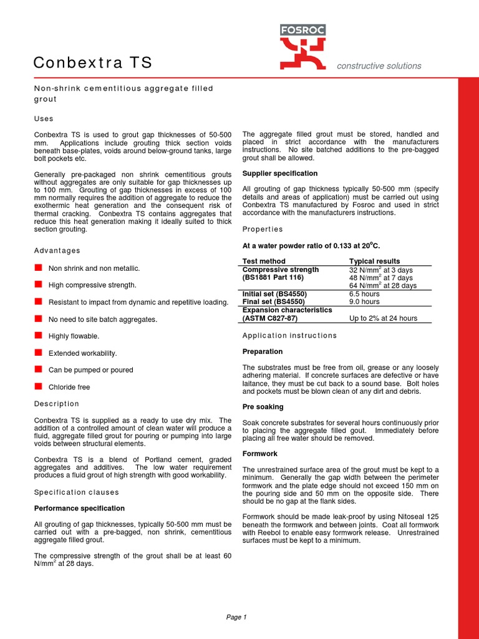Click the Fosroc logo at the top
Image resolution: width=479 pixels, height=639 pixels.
coord(302,46)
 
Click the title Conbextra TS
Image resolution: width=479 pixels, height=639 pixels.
coord(92,63)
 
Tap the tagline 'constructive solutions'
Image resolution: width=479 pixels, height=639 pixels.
coord(379,66)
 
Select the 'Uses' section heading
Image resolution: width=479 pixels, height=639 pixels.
coord(44,119)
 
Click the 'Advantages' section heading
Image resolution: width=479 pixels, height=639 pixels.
coord(57,250)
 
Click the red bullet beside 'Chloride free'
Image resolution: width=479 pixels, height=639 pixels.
coord(37,386)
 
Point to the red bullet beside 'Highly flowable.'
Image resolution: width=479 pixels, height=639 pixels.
coord(37,336)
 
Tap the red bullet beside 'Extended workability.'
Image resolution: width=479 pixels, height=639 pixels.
coord(37,353)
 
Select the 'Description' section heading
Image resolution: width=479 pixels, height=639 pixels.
coord(57,404)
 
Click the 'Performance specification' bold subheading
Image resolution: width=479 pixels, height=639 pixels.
coord(79,508)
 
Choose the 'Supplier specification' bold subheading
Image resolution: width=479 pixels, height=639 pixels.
coord(280,173)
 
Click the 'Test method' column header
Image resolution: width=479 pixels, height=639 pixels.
coord(264,261)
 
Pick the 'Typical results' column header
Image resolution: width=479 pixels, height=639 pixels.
coord(375,261)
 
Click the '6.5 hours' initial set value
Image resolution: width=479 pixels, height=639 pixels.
coord(364,293)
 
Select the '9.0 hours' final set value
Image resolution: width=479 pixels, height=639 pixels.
coord(364,301)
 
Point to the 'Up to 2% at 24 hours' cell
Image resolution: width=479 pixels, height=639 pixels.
coord(383,318)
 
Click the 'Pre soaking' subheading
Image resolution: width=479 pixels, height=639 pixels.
coord(263,407)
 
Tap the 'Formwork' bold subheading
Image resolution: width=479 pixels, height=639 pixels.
coord(260,454)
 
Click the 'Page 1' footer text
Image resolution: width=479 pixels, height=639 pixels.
coord(236,617)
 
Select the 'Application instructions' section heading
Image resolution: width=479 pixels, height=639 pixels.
coord(289,335)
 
